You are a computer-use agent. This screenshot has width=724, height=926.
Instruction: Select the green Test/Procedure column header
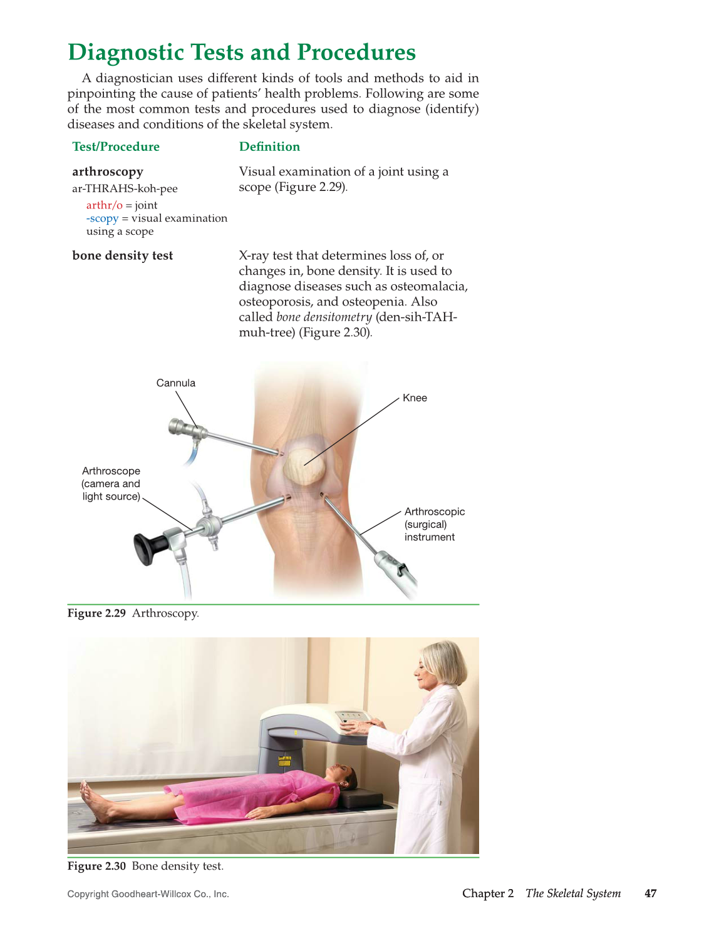(116, 147)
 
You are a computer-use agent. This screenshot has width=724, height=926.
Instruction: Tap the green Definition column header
(269, 147)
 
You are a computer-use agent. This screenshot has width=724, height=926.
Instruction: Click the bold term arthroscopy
(108, 172)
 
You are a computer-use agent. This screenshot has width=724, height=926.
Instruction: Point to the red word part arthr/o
(104, 205)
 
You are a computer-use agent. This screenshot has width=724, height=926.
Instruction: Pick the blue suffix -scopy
(102, 219)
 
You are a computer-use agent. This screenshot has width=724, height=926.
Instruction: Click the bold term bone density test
(123, 255)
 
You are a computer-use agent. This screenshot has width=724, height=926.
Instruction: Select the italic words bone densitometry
(324, 317)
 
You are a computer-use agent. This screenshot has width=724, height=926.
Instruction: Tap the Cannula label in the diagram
(176, 383)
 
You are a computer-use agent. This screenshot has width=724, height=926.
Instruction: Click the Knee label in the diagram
(415, 398)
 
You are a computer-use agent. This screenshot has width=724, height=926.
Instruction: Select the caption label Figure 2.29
(96, 614)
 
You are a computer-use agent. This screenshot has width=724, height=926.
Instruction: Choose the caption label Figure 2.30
(96, 867)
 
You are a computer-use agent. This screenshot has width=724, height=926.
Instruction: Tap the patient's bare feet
(94, 803)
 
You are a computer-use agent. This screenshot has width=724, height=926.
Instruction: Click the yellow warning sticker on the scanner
(285, 762)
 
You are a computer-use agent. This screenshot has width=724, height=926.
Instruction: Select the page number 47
(651, 893)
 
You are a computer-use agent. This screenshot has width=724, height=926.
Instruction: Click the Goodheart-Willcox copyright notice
(148, 894)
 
